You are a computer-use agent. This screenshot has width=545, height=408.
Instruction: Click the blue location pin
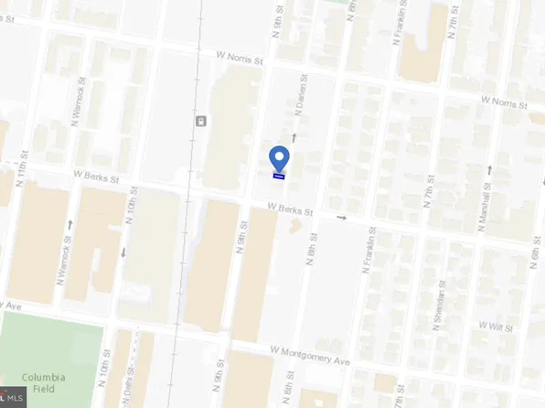point(280,157)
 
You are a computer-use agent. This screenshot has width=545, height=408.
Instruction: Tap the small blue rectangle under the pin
point(280,176)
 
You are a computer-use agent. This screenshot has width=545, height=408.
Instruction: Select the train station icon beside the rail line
point(200,121)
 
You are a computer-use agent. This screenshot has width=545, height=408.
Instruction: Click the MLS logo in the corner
point(12,397)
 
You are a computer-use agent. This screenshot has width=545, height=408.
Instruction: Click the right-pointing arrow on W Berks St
point(342,218)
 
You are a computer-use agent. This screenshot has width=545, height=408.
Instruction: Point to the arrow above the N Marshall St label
point(490,169)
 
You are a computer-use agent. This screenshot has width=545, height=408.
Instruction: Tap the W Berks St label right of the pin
point(291,209)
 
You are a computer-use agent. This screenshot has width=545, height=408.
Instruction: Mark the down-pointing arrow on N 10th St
point(123,252)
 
